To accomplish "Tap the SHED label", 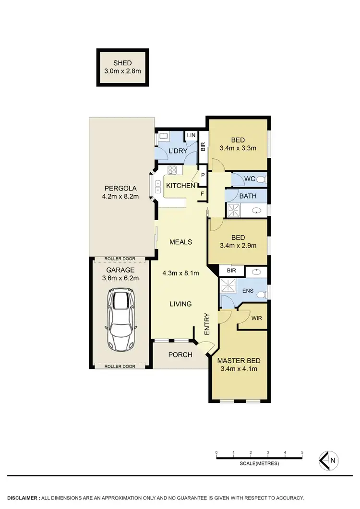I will click(x=122, y=63).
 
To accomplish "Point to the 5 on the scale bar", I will click(x=302, y=452).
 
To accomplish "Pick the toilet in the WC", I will click(x=261, y=180).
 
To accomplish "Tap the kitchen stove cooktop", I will click(x=172, y=170).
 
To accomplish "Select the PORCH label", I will click(x=180, y=355).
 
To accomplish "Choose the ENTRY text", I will click(x=207, y=325).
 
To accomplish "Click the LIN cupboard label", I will click(x=191, y=136).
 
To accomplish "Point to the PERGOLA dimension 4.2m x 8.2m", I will click(x=121, y=196).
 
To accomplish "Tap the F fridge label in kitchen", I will click(x=203, y=193).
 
